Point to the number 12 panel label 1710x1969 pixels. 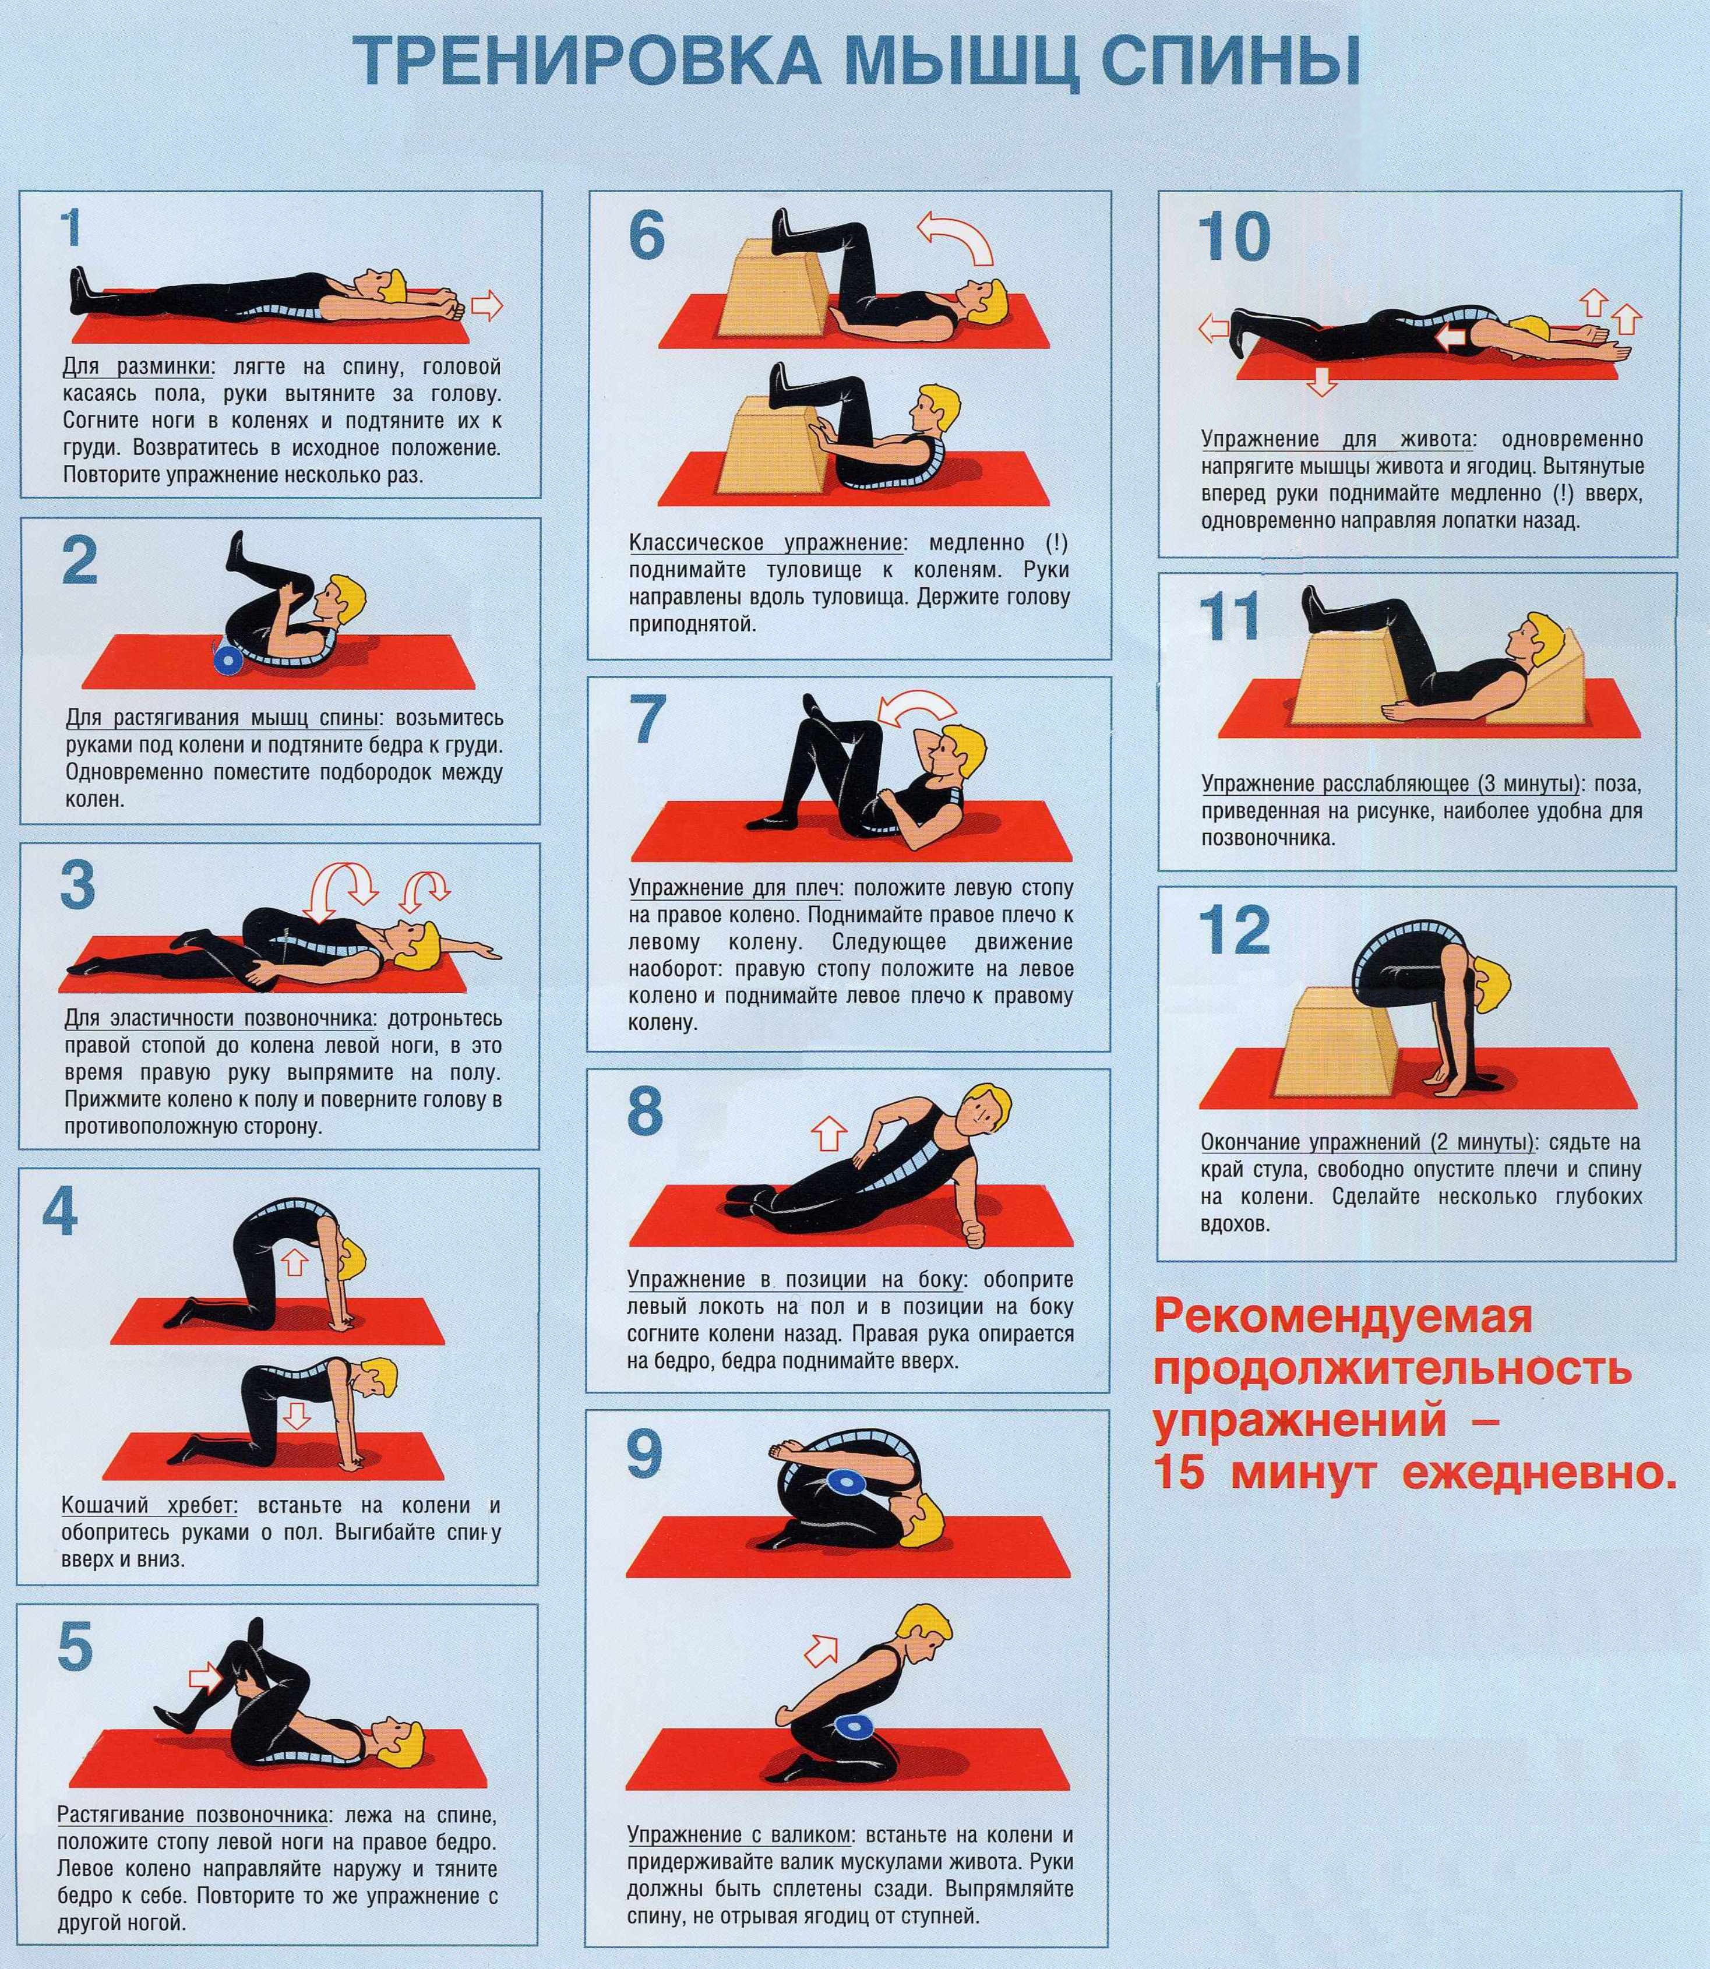(x=1234, y=930)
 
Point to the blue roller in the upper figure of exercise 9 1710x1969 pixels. (x=845, y=1481)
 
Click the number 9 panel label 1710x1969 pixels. (x=645, y=1455)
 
